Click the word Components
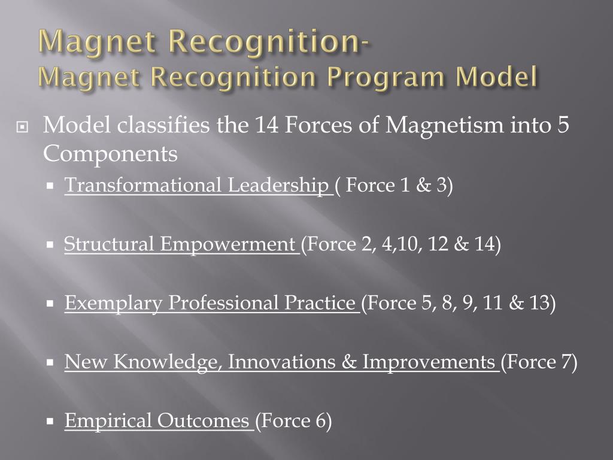point(110,154)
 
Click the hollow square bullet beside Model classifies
point(23,127)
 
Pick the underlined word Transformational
point(143,186)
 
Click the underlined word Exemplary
point(113,303)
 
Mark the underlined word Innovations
point(288,362)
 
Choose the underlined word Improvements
point(429,362)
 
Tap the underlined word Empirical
point(108,420)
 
